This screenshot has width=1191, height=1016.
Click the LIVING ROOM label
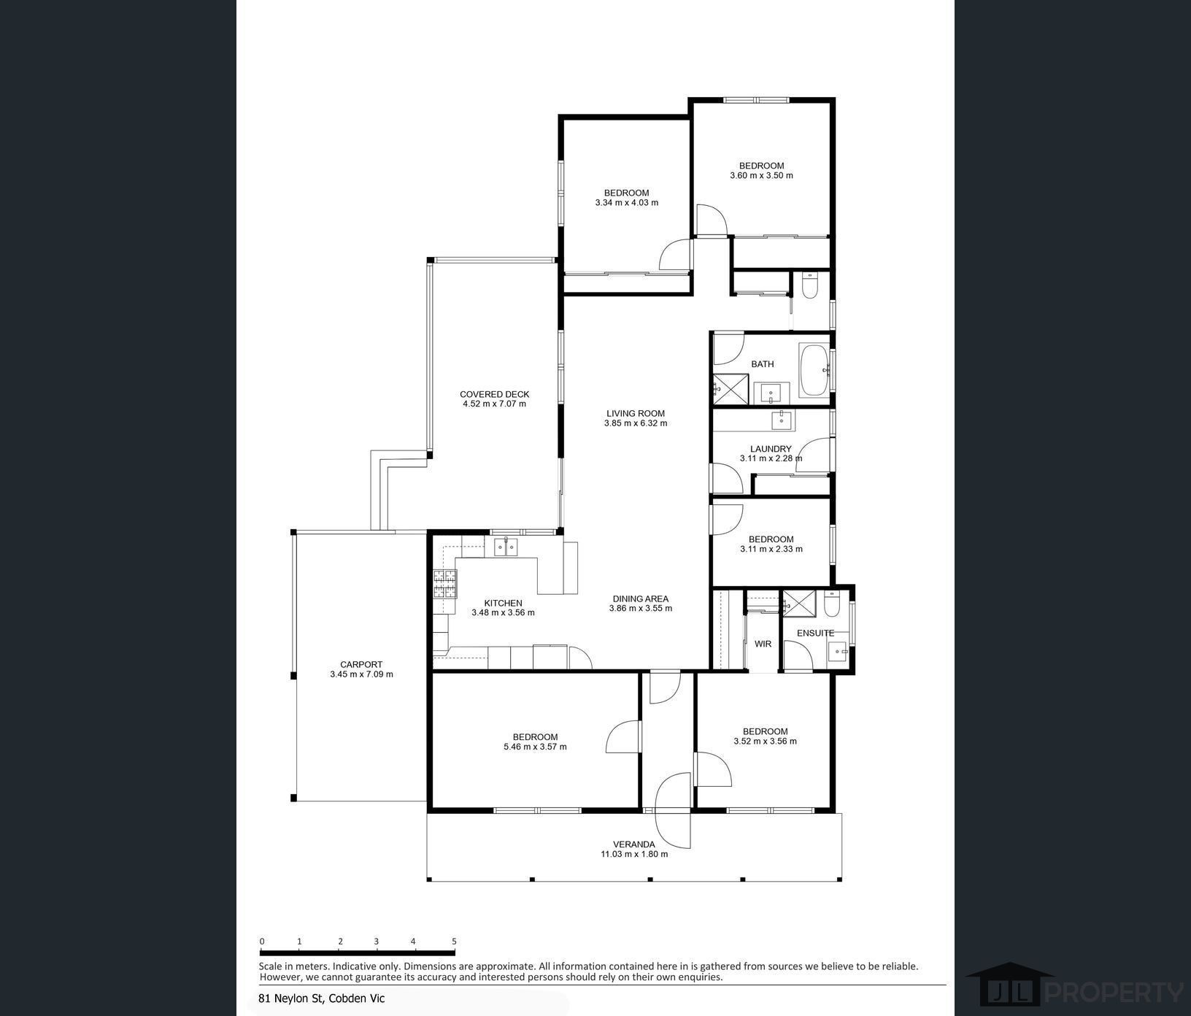(636, 413)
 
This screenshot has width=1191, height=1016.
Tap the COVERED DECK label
(494, 394)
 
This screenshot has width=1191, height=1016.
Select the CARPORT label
(361, 664)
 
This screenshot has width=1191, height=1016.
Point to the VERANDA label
(634, 844)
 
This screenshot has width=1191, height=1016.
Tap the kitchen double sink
(505, 546)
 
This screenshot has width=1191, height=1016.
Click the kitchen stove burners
(445, 584)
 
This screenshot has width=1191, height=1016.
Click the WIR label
(763, 644)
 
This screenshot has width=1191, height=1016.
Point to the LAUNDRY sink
(782, 420)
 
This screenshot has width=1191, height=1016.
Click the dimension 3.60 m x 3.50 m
(761, 175)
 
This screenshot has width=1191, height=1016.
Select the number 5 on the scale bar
(454, 942)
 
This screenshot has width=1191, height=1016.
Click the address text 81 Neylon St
(290, 998)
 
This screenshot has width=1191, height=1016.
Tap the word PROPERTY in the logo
(1114, 993)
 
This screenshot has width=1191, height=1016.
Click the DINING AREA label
(640, 599)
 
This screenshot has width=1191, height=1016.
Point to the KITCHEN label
(503, 603)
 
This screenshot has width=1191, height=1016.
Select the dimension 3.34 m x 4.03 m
(626, 202)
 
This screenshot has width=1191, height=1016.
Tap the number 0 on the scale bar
(262, 942)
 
